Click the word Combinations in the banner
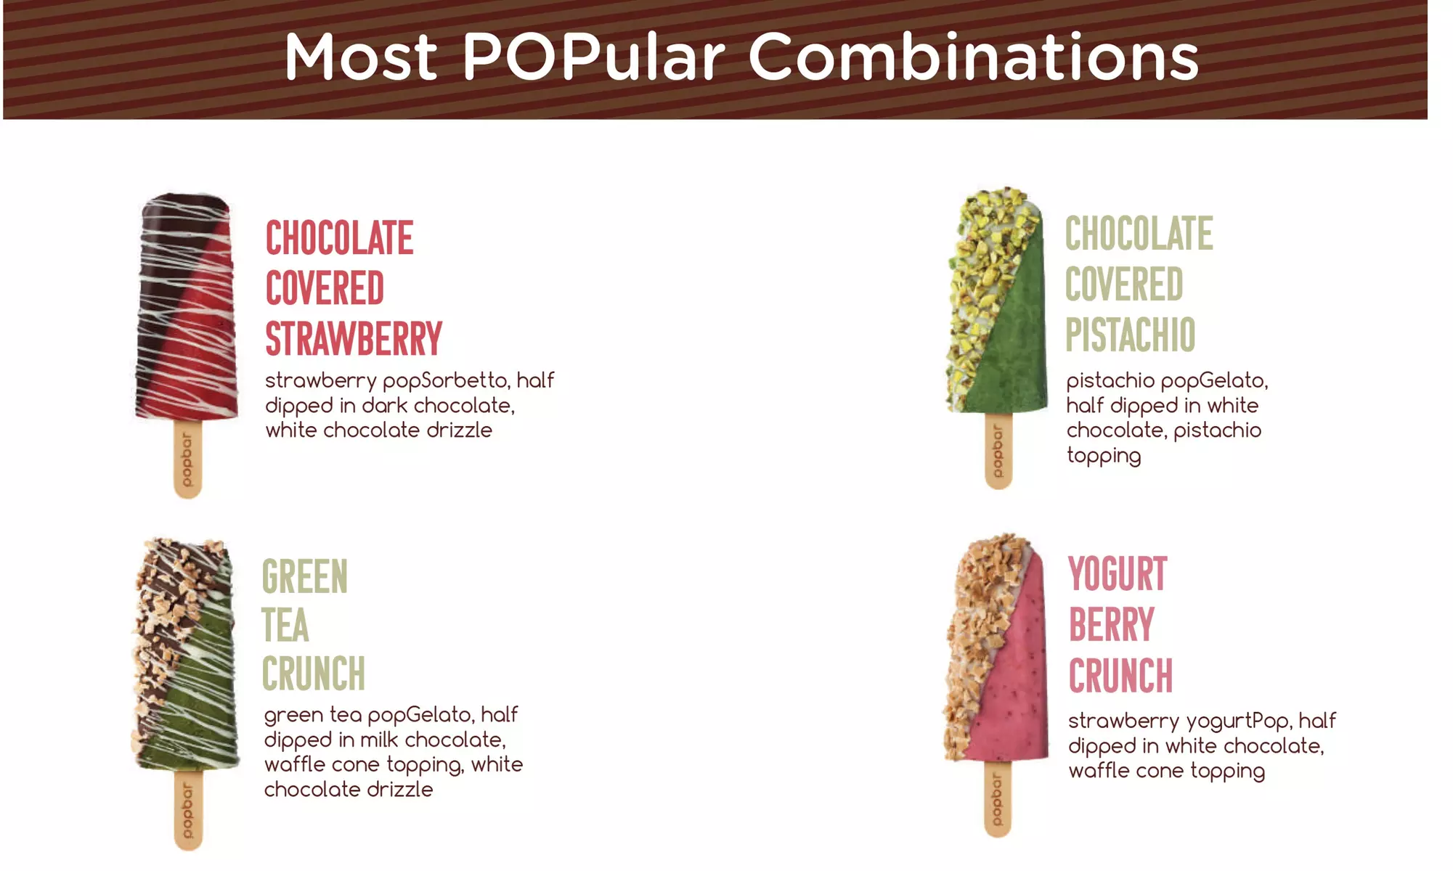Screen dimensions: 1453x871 (x=973, y=56)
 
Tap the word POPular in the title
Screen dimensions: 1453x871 (x=594, y=56)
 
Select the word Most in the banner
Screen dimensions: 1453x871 (x=361, y=56)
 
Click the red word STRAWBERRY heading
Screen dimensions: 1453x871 (x=354, y=338)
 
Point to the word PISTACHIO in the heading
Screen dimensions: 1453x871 (x=1130, y=335)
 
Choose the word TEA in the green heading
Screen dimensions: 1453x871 (x=285, y=626)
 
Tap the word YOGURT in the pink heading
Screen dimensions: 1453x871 (x=1118, y=574)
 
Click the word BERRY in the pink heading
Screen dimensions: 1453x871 (x=1111, y=625)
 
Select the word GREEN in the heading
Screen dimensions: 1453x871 (x=305, y=577)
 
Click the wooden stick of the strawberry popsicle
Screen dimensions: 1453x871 (x=187, y=458)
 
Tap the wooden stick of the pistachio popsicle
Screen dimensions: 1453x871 (x=998, y=450)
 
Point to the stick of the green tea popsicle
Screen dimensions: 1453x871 (x=188, y=809)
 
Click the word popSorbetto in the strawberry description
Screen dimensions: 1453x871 (x=445, y=381)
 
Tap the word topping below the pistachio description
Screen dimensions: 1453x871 (x=1104, y=456)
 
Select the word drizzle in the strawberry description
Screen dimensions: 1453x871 (x=459, y=430)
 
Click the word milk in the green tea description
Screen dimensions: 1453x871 (x=379, y=740)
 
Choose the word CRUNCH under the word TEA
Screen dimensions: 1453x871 (x=314, y=674)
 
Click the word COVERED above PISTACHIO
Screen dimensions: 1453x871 (x=1124, y=285)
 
